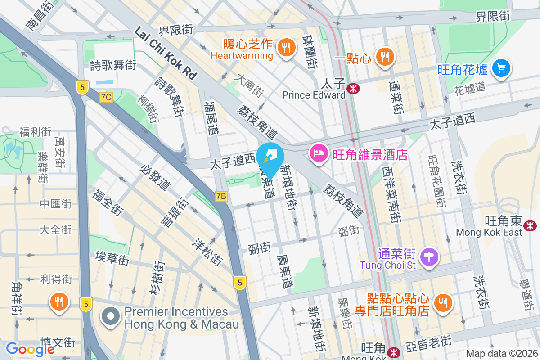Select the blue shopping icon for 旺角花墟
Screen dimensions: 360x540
[500, 68]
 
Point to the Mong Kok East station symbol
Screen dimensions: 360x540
[531, 224]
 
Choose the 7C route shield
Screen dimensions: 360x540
[107, 97]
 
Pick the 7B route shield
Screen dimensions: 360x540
[221, 196]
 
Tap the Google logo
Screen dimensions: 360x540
[30, 349]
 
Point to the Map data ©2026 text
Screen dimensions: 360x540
[501, 354]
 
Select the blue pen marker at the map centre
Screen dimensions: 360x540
[270, 156]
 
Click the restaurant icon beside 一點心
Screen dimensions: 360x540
[384, 57]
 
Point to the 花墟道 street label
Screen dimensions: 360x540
[470, 87]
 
